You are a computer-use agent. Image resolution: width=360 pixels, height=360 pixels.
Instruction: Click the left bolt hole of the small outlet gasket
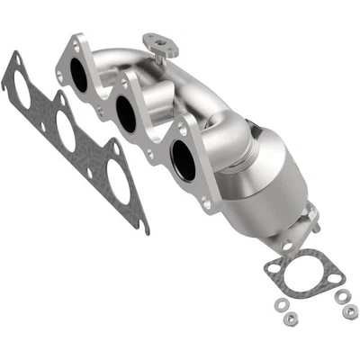[x=272, y=266]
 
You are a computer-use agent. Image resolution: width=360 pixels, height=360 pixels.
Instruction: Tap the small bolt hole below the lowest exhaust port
[x=207, y=205]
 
